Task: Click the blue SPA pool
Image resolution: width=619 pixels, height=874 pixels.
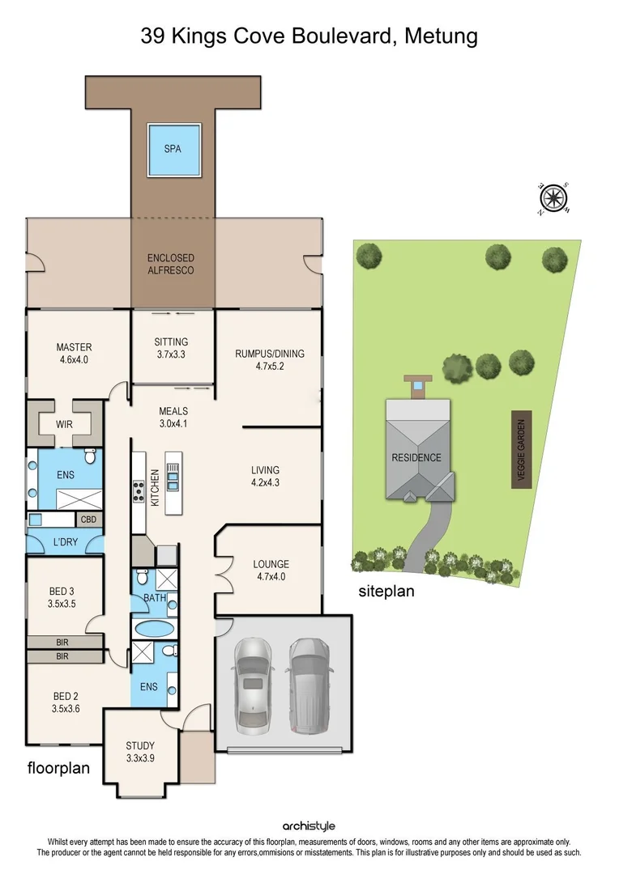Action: (x=172, y=150)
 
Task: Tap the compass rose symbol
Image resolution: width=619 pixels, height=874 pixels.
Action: (x=554, y=197)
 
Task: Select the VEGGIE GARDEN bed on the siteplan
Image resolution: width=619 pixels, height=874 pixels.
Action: (x=521, y=448)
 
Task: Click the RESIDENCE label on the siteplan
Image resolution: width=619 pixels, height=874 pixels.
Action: (x=416, y=457)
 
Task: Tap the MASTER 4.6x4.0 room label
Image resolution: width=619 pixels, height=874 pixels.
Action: (x=74, y=354)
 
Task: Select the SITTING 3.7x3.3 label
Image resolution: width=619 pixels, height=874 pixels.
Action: (x=171, y=348)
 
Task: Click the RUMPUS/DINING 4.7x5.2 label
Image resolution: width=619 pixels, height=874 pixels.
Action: (x=270, y=359)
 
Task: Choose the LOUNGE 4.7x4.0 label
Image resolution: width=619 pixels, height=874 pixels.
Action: (x=271, y=571)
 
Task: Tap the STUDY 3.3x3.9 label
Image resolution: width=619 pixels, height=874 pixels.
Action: (x=140, y=752)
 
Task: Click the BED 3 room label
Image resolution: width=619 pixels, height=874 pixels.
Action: (x=62, y=597)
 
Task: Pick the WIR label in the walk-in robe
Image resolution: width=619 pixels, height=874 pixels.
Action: (x=64, y=422)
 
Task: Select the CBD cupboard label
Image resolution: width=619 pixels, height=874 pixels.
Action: (x=89, y=520)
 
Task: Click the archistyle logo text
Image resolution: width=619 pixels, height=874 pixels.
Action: (x=309, y=825)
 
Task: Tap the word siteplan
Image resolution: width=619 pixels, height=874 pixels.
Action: (x=386, y=591)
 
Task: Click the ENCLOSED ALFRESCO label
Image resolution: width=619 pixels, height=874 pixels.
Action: (x=170, y=264)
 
